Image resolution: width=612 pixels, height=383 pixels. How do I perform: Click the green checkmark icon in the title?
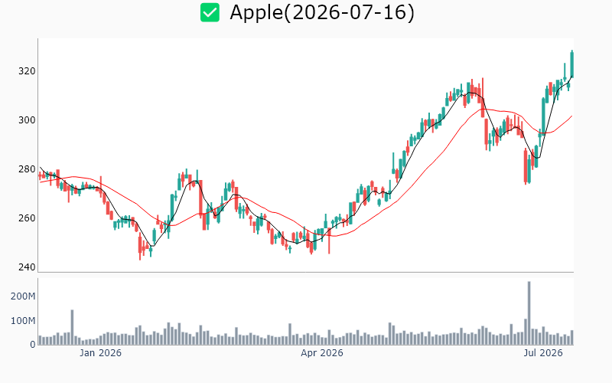210,12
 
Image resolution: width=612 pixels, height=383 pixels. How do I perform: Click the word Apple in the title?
256,13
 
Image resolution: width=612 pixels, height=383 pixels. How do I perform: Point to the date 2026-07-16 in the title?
349,12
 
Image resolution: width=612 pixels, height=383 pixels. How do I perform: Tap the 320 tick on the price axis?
27,71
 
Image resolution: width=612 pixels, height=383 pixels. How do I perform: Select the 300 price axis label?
27,120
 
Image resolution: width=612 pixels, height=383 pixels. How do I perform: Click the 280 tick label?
27,169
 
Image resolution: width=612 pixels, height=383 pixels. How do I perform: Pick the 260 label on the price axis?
27,218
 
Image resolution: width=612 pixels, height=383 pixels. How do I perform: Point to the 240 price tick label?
27,267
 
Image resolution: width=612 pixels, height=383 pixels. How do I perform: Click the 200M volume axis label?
23,296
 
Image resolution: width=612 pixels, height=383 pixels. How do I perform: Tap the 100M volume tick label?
23,321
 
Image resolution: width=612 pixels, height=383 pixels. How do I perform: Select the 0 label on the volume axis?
33,345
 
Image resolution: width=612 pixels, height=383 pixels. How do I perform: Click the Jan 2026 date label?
100,353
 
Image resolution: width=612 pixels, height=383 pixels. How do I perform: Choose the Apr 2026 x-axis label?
322,353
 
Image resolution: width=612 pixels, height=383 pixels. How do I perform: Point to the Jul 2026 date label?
543,353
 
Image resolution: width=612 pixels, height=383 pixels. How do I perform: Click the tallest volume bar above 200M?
529,313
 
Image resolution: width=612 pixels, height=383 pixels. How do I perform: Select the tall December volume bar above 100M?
72,327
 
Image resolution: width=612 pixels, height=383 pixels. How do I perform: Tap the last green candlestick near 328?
571,64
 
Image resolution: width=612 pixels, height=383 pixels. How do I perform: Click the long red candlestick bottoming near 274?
526,165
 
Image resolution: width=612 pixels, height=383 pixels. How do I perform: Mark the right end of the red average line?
572,116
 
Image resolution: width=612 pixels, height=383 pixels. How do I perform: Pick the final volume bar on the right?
572,338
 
